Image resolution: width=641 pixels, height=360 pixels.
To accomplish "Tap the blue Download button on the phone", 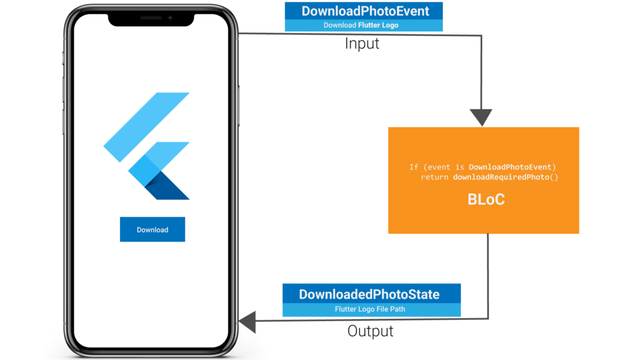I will pos(153,229).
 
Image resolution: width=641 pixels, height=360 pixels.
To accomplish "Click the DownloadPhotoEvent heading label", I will pos(365,11).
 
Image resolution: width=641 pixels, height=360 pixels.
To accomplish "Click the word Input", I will pos(362,44).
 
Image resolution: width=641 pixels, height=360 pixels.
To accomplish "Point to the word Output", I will pos(370,331).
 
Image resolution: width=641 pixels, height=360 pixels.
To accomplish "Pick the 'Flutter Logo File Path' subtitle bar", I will pos(370,309).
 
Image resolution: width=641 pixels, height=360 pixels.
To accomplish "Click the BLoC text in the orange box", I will pos(486,199).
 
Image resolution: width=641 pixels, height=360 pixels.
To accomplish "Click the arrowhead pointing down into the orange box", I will pos(481,118).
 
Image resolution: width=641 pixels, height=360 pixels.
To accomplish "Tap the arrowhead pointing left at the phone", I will pos(247,322).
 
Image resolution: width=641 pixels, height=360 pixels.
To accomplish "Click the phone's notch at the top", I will pos(151,19).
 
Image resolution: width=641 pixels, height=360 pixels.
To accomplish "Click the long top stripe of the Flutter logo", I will pos(147,126).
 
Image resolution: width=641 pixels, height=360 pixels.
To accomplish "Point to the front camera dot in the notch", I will pos(171,18).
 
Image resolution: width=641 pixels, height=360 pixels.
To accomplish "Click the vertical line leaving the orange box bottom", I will pos(488,275).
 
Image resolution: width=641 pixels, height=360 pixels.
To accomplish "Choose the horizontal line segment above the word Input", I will pos(359,35).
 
